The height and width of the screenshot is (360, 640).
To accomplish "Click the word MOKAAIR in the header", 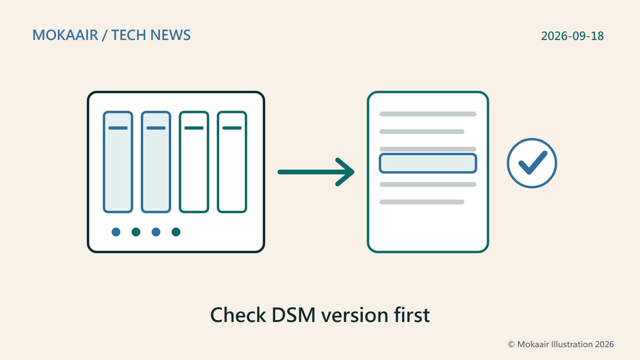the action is point(65,35).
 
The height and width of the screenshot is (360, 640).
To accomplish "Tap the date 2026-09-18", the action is point(572,36).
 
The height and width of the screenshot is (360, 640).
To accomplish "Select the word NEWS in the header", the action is point(170,35).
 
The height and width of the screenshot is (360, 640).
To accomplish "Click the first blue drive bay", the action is point(118,162).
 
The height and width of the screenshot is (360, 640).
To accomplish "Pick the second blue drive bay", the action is point(156,162).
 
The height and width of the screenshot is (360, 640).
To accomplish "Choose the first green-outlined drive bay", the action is point(194,162).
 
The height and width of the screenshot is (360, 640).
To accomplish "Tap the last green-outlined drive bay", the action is point(232,162).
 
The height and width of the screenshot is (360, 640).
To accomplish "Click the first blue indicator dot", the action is point(116,232).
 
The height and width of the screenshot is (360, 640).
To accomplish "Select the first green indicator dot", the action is point(136,232).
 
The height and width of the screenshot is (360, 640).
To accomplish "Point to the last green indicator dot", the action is point(176,232).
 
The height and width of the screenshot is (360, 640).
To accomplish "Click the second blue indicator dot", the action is point(156,232).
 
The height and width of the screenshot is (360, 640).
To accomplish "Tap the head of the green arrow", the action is point(354,172).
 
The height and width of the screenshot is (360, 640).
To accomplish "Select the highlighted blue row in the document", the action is point(428,163).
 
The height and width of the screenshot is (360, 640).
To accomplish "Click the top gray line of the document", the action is point(428,114).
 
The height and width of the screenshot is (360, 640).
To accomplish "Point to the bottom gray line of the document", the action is point(422,202).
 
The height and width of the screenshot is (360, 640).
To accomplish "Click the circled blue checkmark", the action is point(532,163).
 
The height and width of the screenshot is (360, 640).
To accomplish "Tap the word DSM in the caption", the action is point(294,315).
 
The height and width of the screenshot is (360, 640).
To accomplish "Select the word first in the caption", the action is point(412,314).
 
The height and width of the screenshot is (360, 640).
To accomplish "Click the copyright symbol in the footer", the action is point(512,344).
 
